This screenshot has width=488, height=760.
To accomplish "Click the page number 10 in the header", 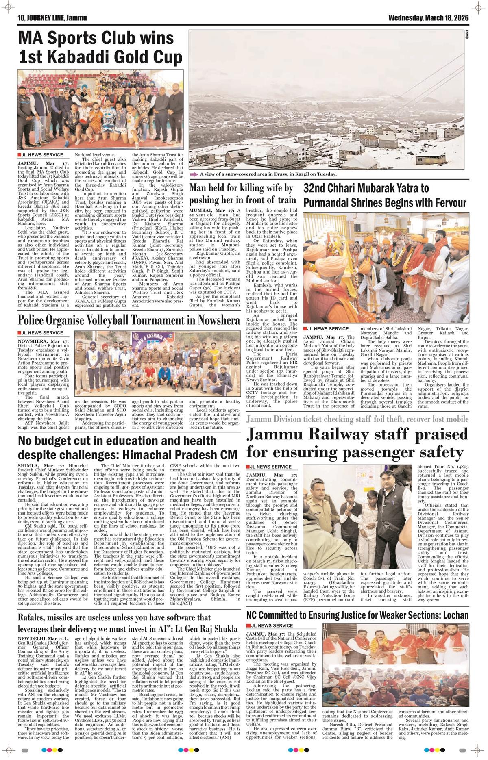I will [21, 18].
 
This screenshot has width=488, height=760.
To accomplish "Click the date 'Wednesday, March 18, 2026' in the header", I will [428, 18].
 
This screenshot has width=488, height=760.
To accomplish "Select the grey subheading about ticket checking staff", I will [357, 419].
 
